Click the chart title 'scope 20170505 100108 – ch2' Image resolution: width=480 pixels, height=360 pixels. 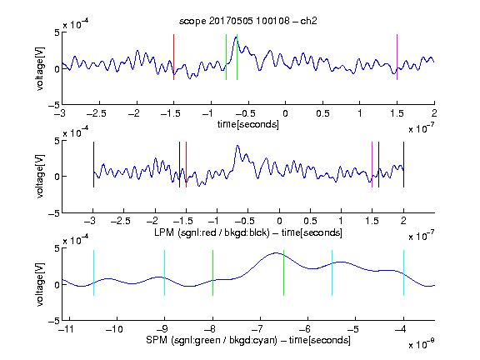tap(248, 21)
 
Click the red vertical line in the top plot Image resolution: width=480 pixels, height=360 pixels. tap(173, 57)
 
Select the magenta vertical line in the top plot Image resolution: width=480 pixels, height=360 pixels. tap(397, 57)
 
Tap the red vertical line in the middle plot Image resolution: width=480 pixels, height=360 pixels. tap(186, 165)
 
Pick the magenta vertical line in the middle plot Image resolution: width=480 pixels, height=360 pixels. tap(372, 165)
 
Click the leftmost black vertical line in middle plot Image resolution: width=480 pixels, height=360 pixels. tap(93, 165)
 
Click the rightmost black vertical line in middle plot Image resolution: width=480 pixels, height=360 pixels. tap(403, 165)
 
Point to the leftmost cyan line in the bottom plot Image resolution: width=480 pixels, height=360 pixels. tap(93, 273)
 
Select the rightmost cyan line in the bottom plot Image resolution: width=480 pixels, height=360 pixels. tap(403, 273)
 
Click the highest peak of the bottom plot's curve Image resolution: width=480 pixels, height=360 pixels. tap(276, 252)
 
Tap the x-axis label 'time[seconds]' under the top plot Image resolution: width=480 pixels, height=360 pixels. tap(248, 124)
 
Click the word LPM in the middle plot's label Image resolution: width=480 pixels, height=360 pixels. tap(164, 232)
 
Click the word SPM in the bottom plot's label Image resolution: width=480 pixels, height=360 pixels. tap(157, 340)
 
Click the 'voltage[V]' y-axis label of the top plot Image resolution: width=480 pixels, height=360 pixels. tap(40, 68)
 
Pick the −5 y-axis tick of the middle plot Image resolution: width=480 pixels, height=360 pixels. tap(54, 213)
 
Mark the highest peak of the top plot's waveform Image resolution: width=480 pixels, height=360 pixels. tap(236, 37)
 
